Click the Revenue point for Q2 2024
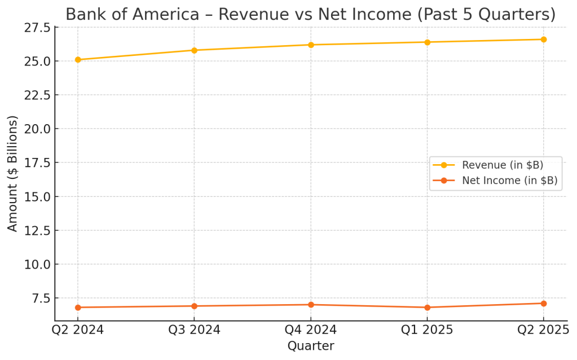click(78, 60)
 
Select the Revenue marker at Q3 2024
click(194, 50)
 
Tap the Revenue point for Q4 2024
click(311, 45)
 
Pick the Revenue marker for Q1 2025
click(427, 42)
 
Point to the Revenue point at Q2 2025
click(544, 39)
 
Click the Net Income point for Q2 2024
click(78, 308)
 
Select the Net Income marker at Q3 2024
click(194, 306)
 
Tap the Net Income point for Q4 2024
click(311, 305)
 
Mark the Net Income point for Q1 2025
click(427, 308)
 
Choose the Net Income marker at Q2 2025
click(544, 304)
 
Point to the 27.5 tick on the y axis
click(37, 27)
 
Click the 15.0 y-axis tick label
click(37, 196)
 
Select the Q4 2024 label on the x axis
click(311, 330)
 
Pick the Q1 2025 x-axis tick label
click(427, 330)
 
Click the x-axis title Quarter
click(311, 345)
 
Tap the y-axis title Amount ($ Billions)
click(13, 173)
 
